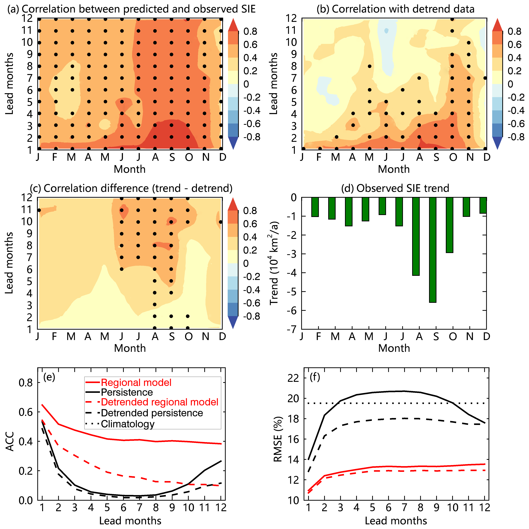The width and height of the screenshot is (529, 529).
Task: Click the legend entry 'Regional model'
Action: [136, 383]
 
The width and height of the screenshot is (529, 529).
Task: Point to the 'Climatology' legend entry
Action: [128, 424]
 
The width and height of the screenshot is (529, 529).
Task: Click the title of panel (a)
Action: [131, 9]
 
